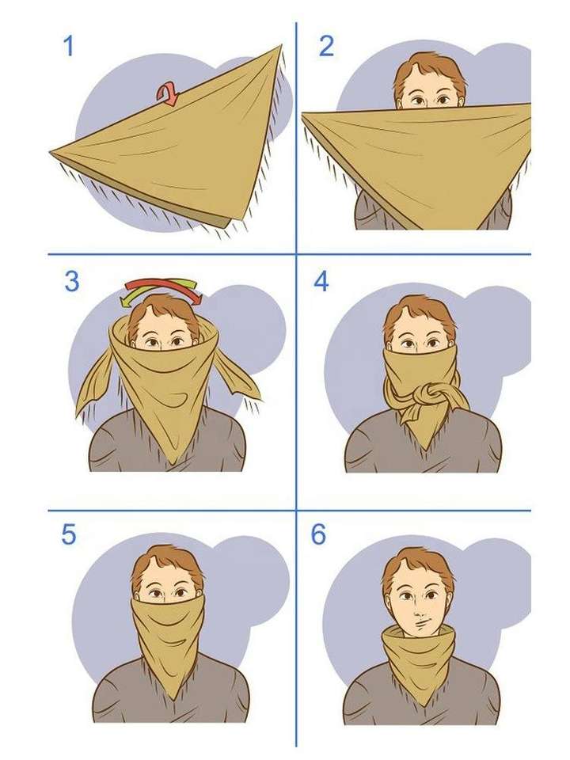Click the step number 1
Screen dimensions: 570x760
click(69, 46)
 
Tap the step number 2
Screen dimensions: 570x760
click(326, 46)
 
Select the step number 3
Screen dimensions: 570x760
click(72, 282)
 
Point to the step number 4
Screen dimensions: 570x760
click(321, 281)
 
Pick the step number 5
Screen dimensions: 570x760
click(68, 534)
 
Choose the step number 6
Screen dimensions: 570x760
click(318, 534)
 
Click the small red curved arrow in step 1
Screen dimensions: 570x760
click(168, 94)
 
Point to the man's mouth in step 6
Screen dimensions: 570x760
click(420, 621)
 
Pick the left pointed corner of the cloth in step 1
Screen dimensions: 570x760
click(51, 153)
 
